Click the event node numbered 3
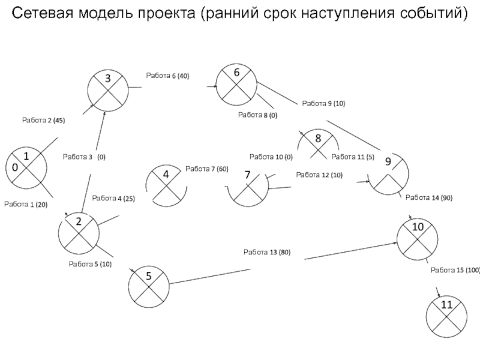coord(108,91)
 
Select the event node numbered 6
coord(236,85)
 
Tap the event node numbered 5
coord(149,287)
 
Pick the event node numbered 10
coord(417,239)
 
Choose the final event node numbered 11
coord(446,317)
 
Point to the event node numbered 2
coord(79,233)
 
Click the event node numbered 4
coord(166,185)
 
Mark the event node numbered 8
coord(319,144)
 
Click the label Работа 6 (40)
coord(167,76)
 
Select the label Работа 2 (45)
coord(43,121)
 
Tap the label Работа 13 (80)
coord(267,252)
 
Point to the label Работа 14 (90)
coord(429,198)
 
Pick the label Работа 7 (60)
coord(207,169)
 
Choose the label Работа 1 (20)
coord(26,205)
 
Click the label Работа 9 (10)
coord(323,103)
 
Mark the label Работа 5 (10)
coord(90,264)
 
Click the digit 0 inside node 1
coord(14,167)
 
